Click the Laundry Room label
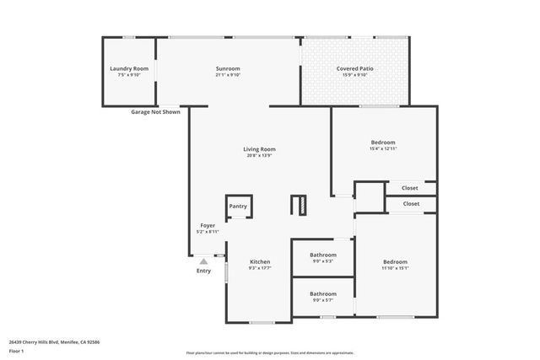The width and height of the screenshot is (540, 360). [129, 68]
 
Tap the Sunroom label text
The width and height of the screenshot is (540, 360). [228, 68]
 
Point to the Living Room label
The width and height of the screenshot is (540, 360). [261, 149]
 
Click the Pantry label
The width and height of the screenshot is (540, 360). [238, 206]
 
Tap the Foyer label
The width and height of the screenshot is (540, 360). [208, 226]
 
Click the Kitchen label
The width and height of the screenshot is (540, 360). [259, 262]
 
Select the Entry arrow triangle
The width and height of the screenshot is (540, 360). [203, 262]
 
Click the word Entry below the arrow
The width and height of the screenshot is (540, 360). [204, 271]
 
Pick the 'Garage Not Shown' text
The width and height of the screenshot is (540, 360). [155, 112]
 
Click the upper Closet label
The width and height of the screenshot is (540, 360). [410, 188]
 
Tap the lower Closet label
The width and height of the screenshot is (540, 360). [411, 203]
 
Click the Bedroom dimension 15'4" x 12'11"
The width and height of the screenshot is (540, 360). [382, 149]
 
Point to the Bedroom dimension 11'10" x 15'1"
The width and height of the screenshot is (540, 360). [394, 268]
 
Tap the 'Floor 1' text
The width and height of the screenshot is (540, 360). [16, 350]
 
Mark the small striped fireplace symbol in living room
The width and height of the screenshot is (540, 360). [298, 205]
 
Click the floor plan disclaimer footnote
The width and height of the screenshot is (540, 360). [269, 352]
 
